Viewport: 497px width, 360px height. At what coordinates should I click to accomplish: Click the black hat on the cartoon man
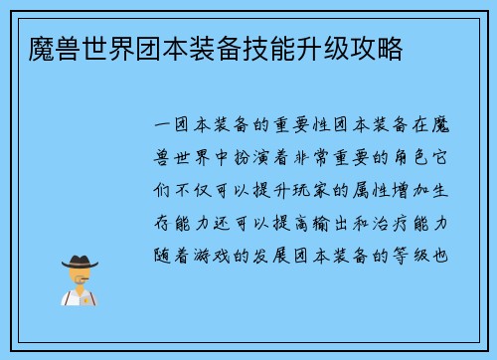click(x=80, y=261)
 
